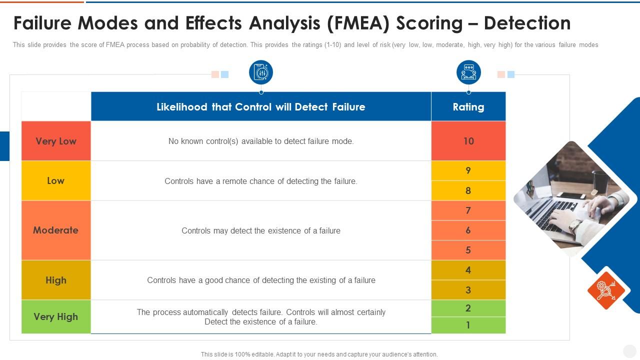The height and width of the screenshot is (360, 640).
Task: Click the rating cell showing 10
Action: pos(468,141)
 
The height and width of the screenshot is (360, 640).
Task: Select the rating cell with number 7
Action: pos(468,210)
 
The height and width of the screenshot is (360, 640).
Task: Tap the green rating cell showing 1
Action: pos(468,325)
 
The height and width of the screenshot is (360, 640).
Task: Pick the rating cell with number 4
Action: pos(468,270)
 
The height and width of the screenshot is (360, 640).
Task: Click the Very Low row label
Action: pos(56,141)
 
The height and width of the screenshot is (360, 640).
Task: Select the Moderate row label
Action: pos(56,230)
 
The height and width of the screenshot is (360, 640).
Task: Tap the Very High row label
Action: pos(56,316)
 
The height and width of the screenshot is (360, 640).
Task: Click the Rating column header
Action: pos(468,106)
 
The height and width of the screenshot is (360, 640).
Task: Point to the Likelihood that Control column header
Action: pos(260,106)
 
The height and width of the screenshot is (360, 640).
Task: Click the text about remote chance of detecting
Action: pos(260,181)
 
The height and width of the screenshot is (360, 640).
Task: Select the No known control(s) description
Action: pos(260,141)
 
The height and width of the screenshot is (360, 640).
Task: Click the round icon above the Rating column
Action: pos(468,72)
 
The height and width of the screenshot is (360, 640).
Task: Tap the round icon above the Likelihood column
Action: pos(261,72)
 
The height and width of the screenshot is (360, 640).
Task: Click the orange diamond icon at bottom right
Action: pos(606,290)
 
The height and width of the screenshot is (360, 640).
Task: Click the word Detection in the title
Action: pos(527,23)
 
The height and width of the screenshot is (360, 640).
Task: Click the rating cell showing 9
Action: pos(468,170)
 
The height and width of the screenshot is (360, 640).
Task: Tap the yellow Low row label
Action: pos(56,180)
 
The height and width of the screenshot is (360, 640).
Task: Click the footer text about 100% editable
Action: pos(319,354)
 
